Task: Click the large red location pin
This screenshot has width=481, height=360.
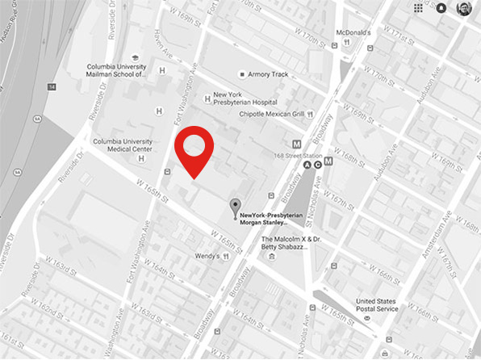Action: [x=194, y=149]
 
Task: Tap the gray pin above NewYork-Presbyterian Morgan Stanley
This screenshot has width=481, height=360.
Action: [x=235, y=207]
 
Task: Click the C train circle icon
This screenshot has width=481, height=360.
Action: [x=319, y=165]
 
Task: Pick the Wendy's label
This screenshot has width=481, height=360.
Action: [x=206, y=256]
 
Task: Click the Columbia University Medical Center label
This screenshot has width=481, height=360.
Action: [x=123, y=145]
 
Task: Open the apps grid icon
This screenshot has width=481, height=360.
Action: [x=418, y=8]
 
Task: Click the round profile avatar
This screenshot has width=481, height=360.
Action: [x=464, y=8]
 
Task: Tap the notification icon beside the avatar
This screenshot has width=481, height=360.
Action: [x=441, y=8]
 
